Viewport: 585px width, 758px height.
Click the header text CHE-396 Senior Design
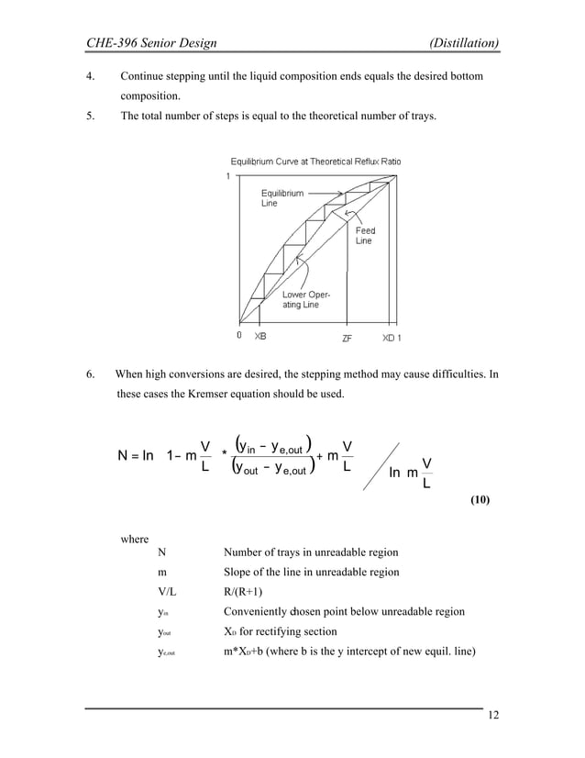(150, 42)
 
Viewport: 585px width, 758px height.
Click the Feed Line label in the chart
(364, 236)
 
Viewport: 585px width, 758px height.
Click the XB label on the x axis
(261, 337)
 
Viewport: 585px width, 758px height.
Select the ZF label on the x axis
(348, 337)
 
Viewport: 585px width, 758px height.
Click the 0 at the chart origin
(238, 336)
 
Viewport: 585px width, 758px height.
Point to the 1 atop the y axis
(228, 176)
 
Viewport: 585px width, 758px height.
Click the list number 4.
(89, 75)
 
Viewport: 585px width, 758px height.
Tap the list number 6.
(89, 374)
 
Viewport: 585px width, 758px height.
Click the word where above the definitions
(137, 539)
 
